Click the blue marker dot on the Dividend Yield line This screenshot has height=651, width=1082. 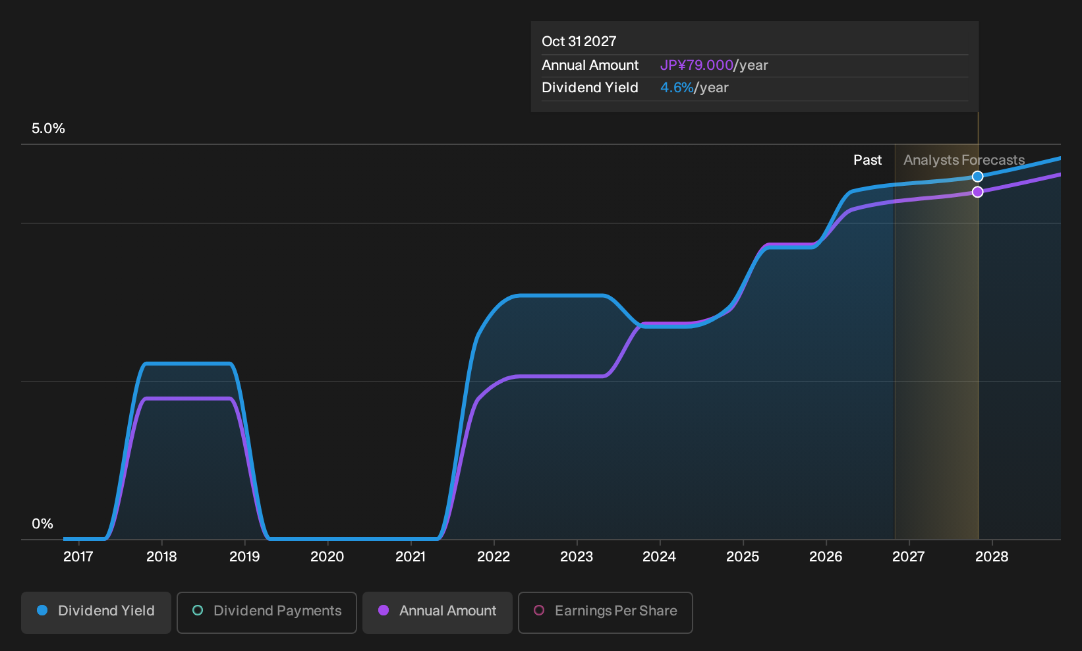point(977,177)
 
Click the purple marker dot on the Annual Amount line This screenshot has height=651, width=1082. point(977,192)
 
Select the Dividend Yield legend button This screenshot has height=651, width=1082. point(96,612)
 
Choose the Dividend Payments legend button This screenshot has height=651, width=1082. point(267,612)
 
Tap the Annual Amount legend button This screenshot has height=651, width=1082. point(437,612)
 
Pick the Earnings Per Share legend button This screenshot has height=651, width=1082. point(605,612)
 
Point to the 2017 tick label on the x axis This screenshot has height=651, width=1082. point(78,557)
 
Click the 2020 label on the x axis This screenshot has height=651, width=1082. point(327,557)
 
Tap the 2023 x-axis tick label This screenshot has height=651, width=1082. point(577,557)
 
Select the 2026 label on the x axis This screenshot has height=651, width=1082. point(826,557)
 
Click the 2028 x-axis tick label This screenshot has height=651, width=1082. point(992,557)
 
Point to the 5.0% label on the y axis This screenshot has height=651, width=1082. point(48,128)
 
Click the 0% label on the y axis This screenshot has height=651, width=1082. point(43,524)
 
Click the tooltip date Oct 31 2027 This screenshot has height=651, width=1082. point(579,42)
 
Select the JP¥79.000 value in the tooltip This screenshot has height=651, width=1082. point(697,65)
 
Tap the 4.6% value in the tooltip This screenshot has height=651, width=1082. point(677,88)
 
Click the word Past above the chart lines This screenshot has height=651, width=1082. point(868,160)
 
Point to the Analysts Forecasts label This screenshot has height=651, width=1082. point(964,160)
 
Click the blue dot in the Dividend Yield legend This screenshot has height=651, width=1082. point(43,610)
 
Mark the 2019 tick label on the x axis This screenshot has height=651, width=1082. point(244,557)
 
